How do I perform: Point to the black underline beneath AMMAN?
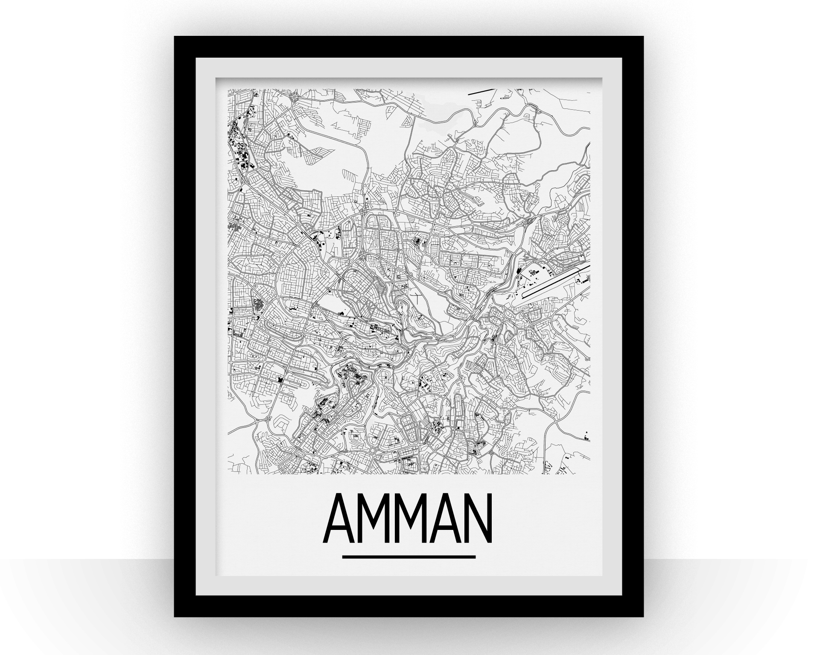coord(408,557)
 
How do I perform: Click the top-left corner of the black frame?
coord(175,38)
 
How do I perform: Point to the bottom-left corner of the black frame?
coord(175,616)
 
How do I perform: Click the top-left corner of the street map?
coord(228,89)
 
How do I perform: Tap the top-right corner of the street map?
coord(590,89)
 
